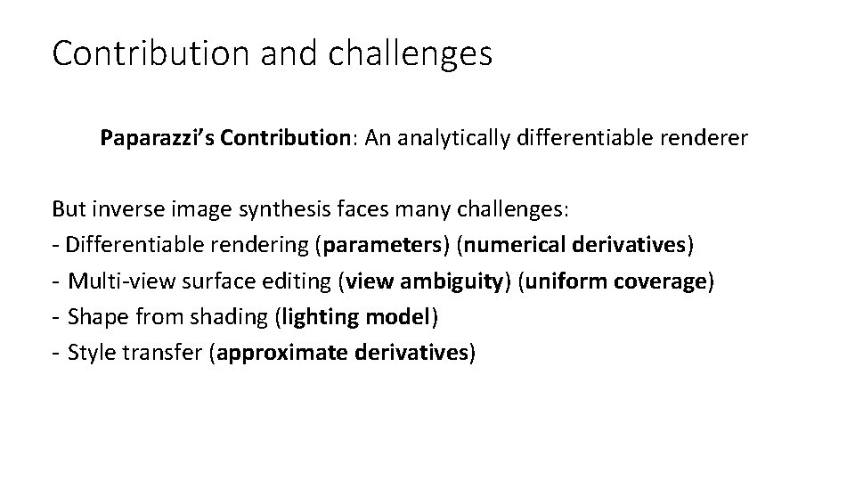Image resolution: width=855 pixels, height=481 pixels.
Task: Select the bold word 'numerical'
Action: (x=510, y=245)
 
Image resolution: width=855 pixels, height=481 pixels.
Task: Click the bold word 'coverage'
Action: (x=661, y=281)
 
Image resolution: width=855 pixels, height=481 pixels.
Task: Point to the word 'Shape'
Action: (x=94, y=317)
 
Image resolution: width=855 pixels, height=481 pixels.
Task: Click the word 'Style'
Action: (x=92, y=353)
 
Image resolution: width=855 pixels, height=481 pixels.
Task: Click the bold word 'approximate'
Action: (x=282, y=353)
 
